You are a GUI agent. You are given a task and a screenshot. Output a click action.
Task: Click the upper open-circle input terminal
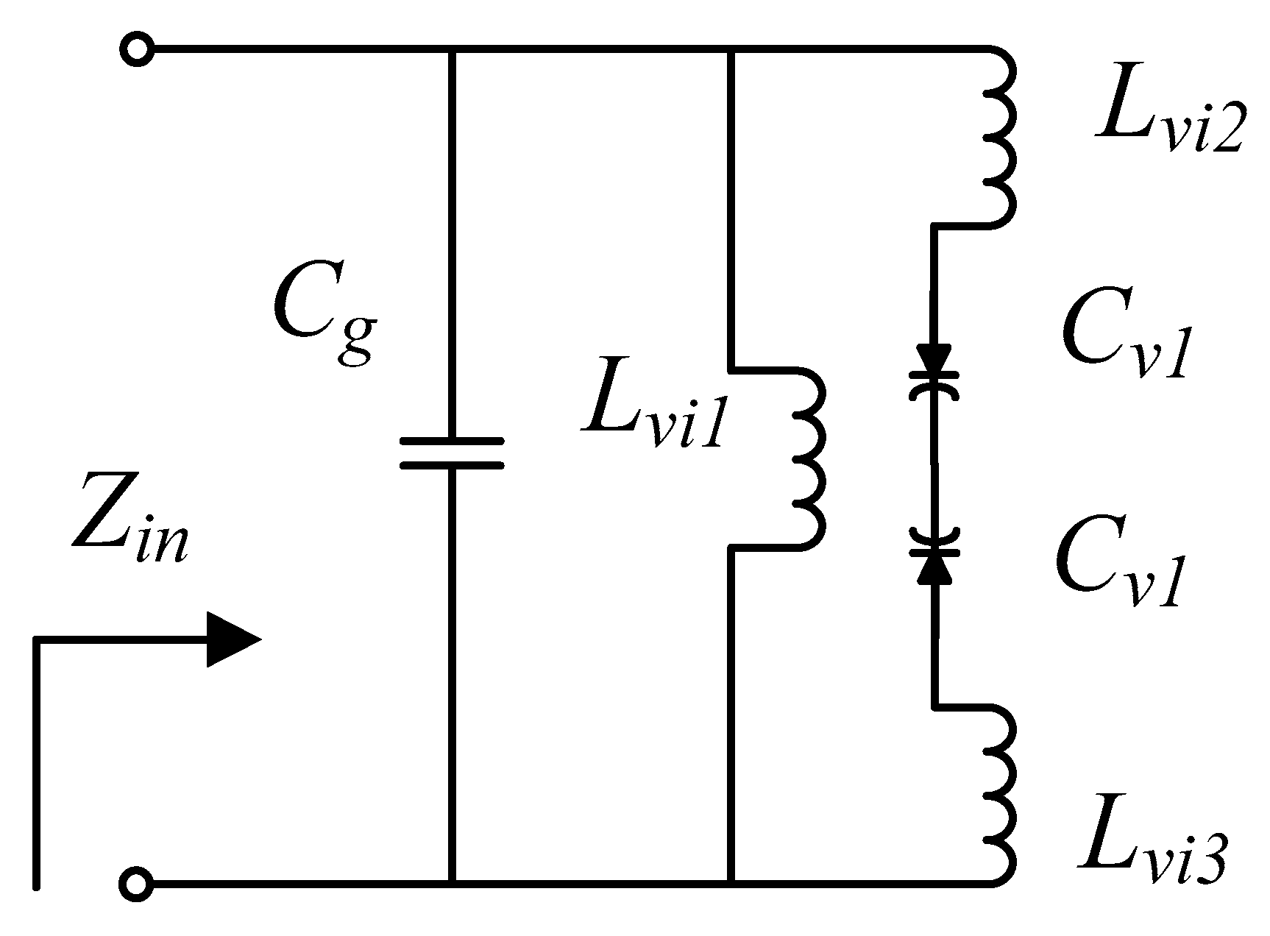click(136, 51)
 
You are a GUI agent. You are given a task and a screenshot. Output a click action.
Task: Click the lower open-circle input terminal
click(136, 882)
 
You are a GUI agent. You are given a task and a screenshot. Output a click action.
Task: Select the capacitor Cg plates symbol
click(452, 453)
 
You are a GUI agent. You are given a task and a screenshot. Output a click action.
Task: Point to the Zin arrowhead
click(232, 639)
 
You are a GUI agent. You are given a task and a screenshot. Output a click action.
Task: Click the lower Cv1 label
click(1118, 567)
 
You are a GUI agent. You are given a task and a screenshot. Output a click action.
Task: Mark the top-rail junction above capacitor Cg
click(452, 51)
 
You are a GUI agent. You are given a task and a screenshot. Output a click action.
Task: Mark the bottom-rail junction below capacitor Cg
click(452, 882)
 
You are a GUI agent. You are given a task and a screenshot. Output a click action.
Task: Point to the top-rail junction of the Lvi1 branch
click(730, 51)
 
